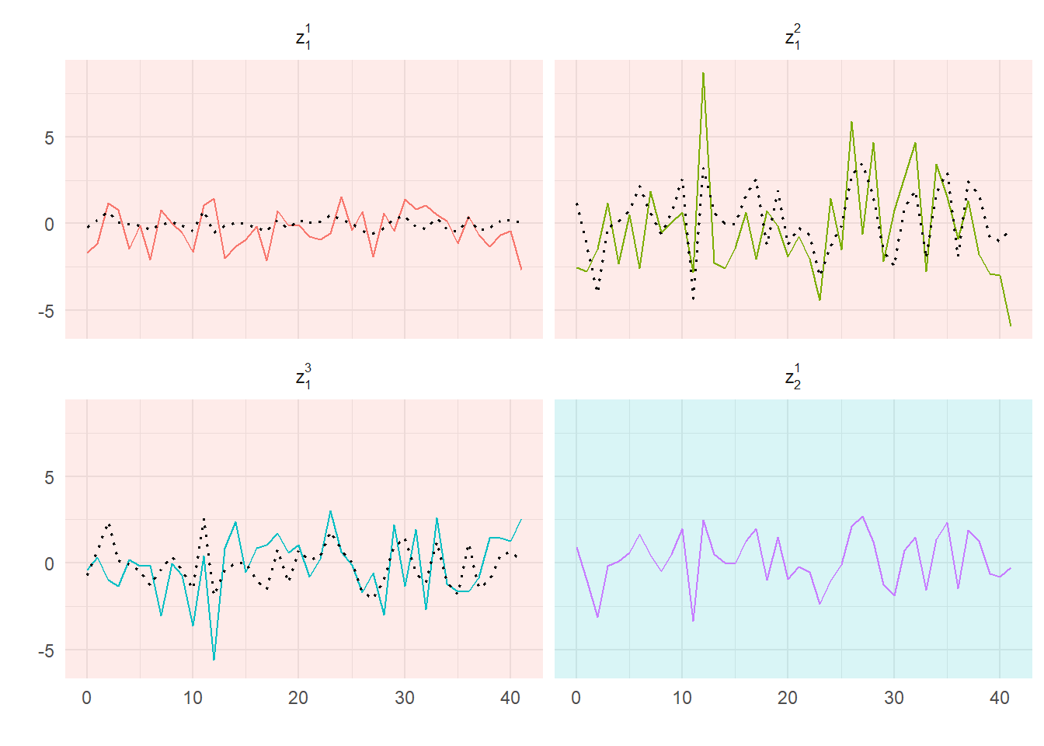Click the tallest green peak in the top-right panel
click(703, 73)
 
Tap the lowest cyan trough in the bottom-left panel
click(214, 660)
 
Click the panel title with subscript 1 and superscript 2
click(792, 37)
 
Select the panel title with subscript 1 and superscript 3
click(303, 377)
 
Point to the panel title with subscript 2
click(792, 377)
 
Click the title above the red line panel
click(303, 37)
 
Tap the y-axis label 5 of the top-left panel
click(50, 138)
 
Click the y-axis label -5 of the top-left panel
click(47, 311)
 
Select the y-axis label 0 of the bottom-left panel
click(50, 563)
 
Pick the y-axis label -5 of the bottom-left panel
click(47, 650)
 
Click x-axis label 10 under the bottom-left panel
click(193, 698)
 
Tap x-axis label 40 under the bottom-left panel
click(510, 698)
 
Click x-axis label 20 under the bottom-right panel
click(788, 698)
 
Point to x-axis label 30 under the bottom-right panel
click(893, 698)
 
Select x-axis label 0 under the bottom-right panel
click(576, 698)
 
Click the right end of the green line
click(1011, 326)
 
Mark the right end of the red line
click(521, 269)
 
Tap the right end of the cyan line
click(521, 519)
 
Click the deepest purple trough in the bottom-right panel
click(693, 621)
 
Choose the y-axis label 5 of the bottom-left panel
click(50, 477)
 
